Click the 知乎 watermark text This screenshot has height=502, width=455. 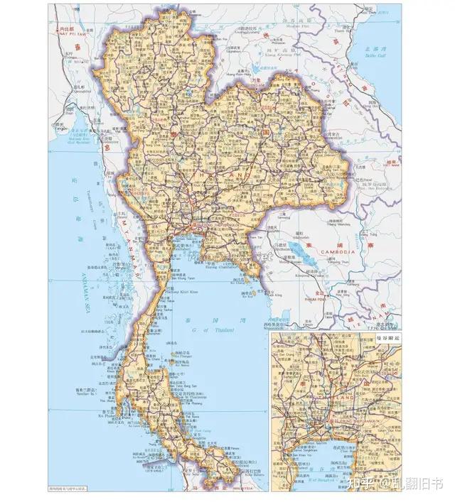click(x=363, y=484)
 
